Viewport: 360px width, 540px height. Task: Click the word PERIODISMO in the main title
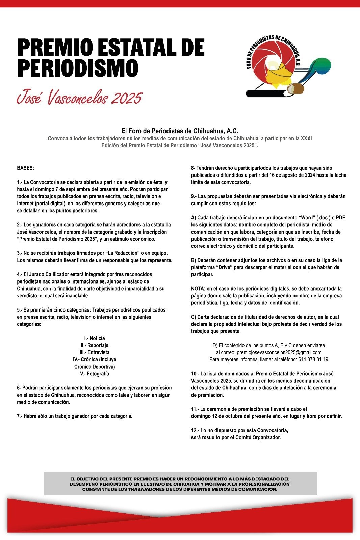78,68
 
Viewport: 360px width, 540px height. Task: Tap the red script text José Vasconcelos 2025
79,98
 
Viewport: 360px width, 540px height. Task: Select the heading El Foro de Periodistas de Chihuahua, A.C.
180,131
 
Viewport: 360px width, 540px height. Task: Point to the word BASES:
25,168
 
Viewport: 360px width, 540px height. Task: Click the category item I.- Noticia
95,338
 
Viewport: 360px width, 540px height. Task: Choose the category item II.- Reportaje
95,345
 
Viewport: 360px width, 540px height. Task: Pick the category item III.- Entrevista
95,352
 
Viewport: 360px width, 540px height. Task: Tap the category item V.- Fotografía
95,374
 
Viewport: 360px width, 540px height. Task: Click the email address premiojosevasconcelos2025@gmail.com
279,352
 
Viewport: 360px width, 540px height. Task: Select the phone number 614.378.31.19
313,359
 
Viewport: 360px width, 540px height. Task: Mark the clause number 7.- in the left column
20,416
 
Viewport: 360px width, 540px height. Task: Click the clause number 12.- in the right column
195,430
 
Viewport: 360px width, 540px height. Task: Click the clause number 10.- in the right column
195,374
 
